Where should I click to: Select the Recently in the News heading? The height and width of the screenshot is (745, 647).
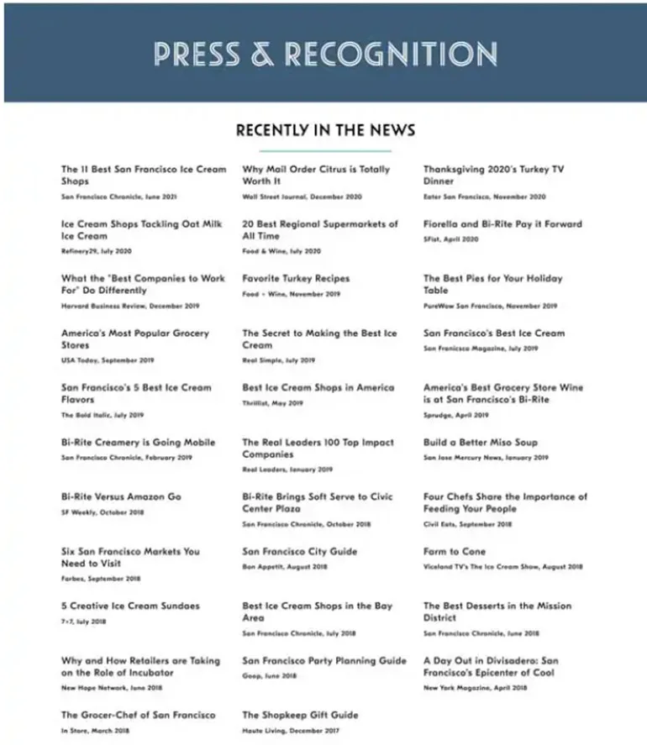click(325, 130)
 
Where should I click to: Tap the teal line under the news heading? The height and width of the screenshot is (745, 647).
click(325, 150)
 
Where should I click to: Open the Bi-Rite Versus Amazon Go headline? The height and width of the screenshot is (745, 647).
click(121, 497)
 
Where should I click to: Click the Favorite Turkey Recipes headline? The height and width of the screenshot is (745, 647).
click(296, 279)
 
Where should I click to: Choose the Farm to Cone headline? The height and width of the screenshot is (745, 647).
click(455, 552)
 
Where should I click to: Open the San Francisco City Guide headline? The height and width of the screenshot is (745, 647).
click(299, 552)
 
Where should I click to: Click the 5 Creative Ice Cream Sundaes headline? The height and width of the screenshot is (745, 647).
click(130, 606)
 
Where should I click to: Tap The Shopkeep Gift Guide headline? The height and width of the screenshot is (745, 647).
click(300, 716)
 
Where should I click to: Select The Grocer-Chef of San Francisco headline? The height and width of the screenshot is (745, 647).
click(138, 716)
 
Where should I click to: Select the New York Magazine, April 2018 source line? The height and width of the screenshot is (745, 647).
click(476, 689)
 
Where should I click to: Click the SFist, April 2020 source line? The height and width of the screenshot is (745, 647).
click(450, 239)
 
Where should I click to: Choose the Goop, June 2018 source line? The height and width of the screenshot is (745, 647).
click(269, 676)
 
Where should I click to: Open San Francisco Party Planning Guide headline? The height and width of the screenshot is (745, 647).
click(324, 661)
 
